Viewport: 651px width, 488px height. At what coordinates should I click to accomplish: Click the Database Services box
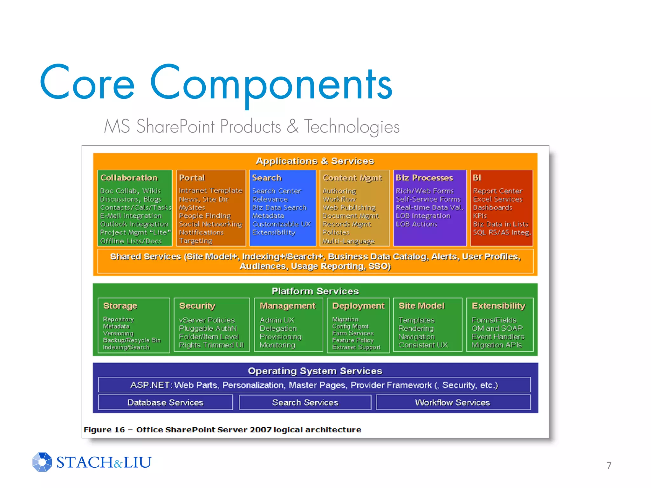click(165, 402)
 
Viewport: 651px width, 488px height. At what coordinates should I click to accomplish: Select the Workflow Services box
click(453, 402)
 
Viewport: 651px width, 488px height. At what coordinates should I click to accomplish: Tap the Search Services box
click(305, 402)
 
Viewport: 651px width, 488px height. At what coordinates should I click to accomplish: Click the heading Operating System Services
click(315, 371)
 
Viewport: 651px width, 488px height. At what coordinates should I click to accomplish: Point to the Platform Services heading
click(315, 291)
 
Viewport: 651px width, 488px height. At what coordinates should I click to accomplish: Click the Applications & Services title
click(315, 161)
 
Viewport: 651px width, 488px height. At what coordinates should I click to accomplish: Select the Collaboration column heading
click(129, 178)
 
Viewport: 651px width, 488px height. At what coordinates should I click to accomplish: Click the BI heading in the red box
click(477, 178)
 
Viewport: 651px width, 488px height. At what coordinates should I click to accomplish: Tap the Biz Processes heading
click(424, 178)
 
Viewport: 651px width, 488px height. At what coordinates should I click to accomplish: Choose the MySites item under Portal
click(192, 207)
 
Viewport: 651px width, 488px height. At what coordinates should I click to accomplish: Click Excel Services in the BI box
click(497, 199)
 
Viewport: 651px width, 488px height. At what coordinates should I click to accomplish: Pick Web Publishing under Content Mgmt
click(349, 207)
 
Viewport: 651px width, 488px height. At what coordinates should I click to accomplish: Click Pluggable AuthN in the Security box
click(208, 328)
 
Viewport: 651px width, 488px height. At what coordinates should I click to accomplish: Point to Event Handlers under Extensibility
click(498, 336)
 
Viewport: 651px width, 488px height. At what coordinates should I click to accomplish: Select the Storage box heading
click(120, 306)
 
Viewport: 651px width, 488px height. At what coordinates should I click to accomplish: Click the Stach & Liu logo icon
click(42, 462)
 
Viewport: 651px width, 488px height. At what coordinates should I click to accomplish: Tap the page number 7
click(609, 465)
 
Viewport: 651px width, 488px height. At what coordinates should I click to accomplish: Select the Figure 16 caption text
click(222, 430)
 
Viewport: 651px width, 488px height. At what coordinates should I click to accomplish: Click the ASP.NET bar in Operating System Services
click(314, 385)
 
